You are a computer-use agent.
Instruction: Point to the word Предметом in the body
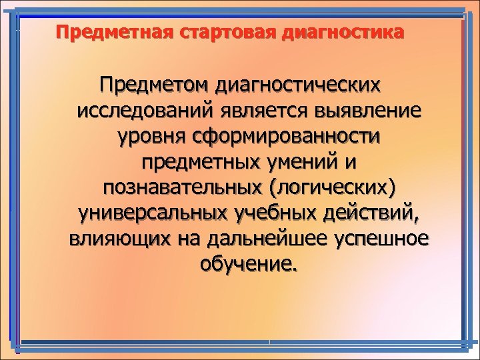click(x=153, y=85)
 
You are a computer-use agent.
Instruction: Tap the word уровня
click(x=150, y=137)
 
